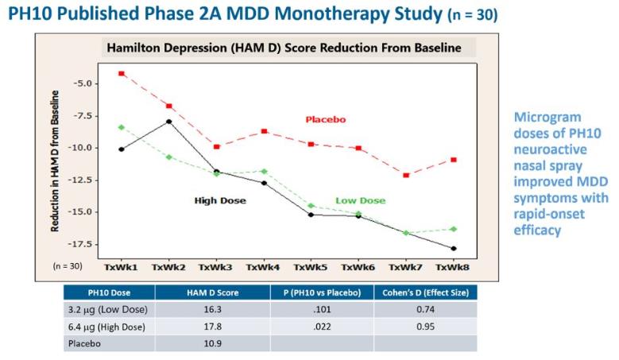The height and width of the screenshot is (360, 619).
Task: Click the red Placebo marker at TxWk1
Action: pyautogui.click(x=122, y=73)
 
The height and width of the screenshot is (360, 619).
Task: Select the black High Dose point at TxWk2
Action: pyautogui.click(x=168, y=122)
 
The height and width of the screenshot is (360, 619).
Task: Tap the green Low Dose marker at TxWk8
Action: pyautogui.click(x=453, y=229)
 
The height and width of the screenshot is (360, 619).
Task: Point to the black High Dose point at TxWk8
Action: pyautogui.click(x=453, y=249)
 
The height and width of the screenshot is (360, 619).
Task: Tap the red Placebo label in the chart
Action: pyautogui.click(x=326, y=119)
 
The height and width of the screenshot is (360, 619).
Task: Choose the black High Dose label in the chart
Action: pyautogui.click(x=220, y=200)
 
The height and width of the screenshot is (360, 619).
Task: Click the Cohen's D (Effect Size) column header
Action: pyautogui.click(x=425, y=292)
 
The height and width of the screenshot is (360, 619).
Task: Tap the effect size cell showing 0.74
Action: pyautogui.click(x=425, y=309)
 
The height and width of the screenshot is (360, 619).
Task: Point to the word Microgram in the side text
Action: pyautogui.click(x=542, y=117)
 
